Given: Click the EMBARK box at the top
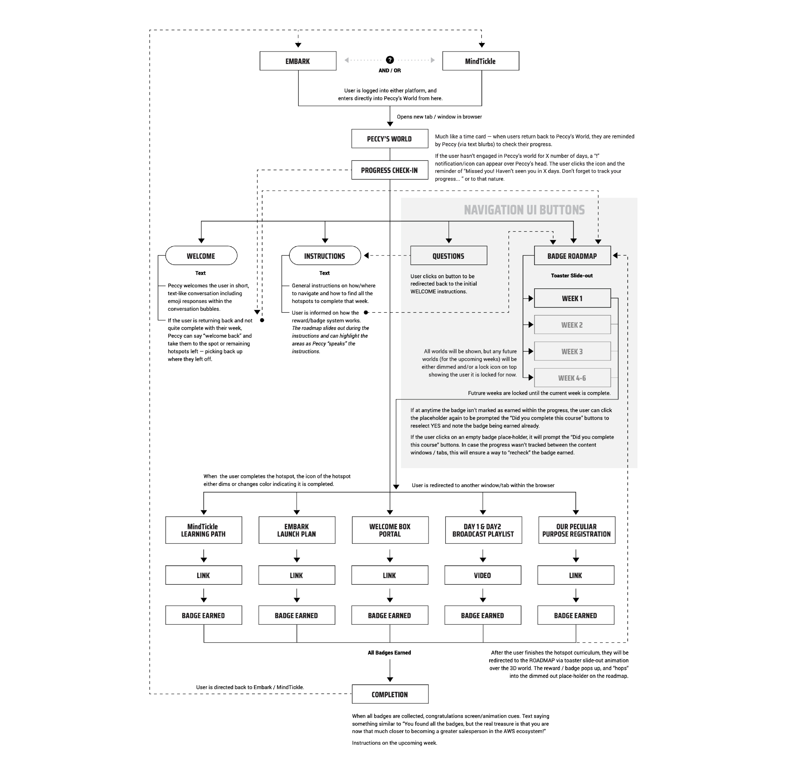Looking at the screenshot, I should click(298, 61).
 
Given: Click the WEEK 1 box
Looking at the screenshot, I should click(572, 298).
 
